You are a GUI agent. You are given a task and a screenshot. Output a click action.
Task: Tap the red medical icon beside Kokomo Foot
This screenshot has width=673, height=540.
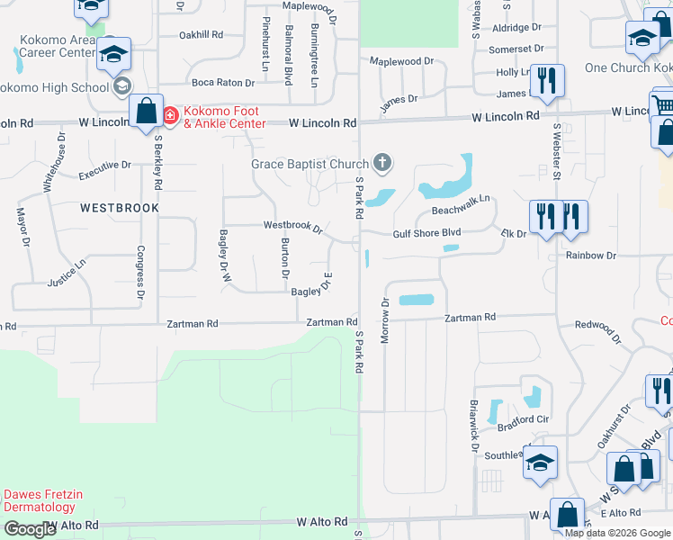170,115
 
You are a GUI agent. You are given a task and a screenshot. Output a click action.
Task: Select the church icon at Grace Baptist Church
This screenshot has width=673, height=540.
382,163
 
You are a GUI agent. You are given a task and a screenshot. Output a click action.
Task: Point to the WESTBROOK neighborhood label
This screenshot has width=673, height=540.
119,207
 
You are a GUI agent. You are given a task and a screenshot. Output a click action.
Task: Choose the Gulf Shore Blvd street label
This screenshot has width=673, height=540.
426,232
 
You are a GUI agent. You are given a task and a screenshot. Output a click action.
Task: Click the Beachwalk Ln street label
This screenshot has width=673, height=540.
460,210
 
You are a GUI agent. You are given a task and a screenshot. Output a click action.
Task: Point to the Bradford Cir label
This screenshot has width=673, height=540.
523,418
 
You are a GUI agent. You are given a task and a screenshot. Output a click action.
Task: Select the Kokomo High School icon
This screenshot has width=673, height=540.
120,87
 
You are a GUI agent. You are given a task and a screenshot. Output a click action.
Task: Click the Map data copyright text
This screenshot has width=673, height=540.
617,532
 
